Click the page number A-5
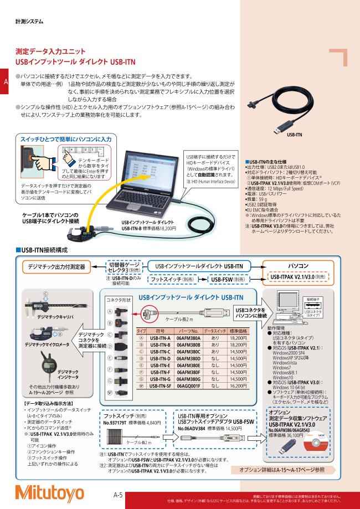[x=118, y=480]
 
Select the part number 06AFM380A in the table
[x=188, y=337]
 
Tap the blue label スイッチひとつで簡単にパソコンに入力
[x=66, y=139]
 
